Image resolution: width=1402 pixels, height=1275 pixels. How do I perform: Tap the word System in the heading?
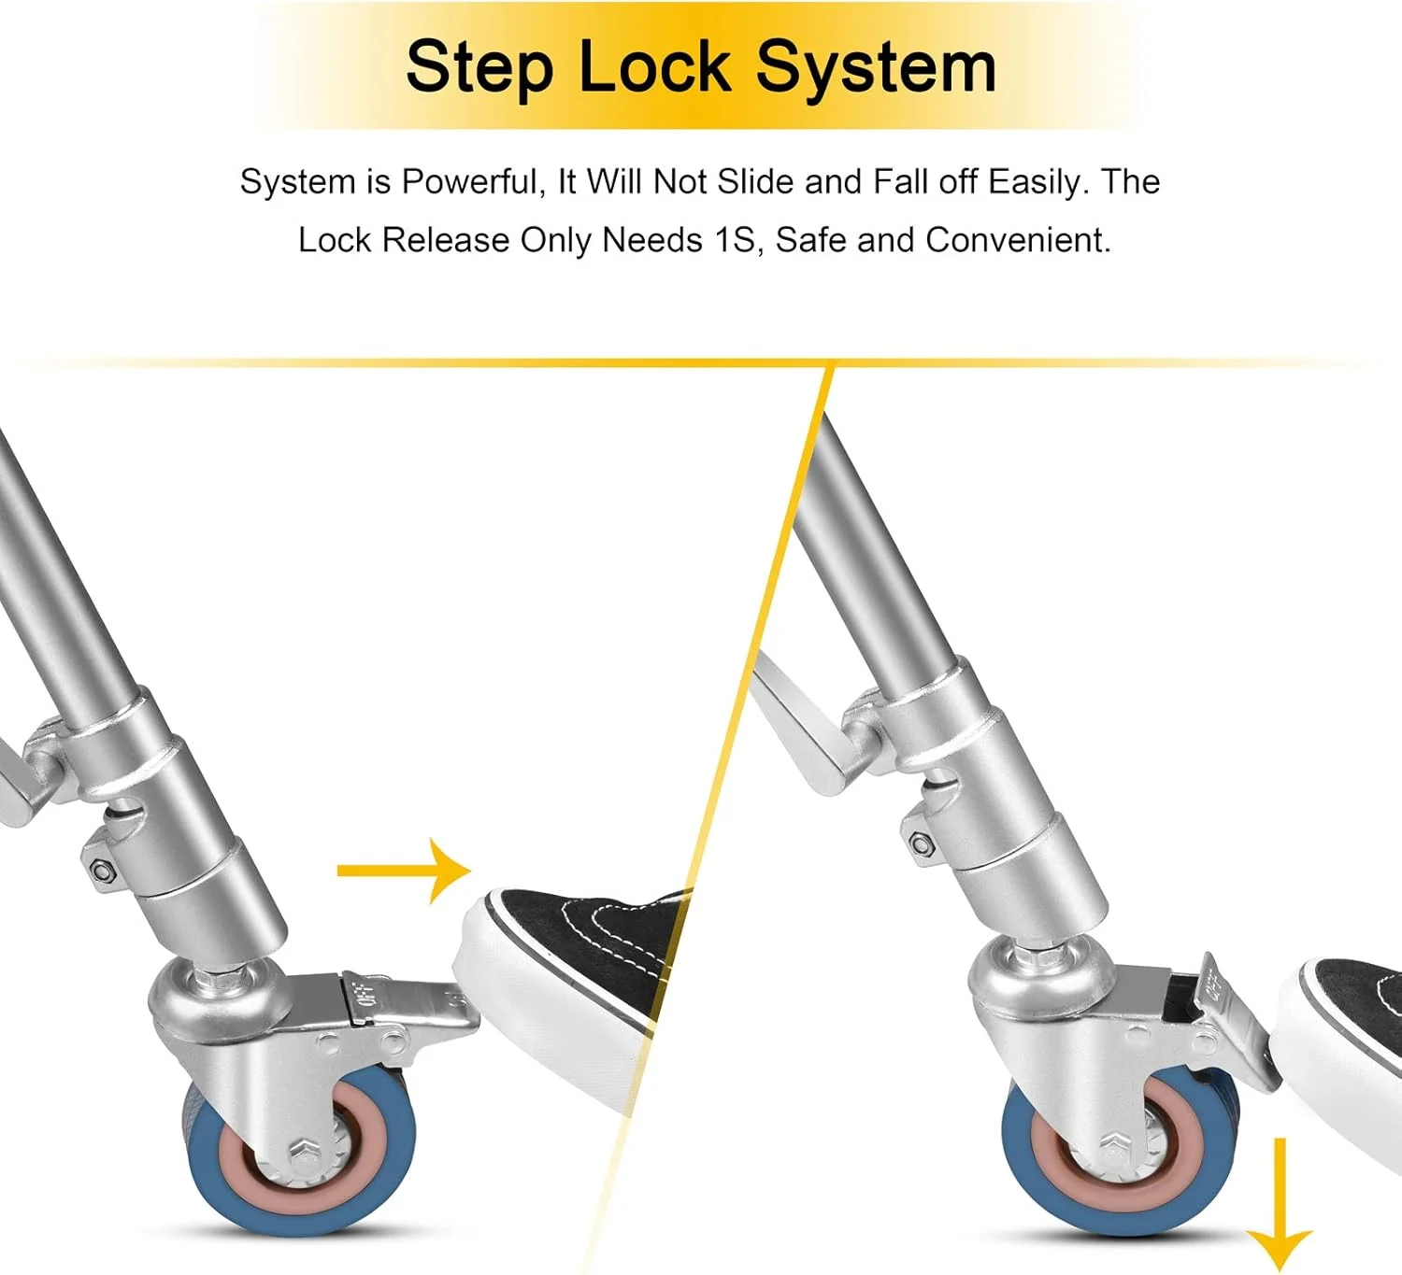(x=877, y=68)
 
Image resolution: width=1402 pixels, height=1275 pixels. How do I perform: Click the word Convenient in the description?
(x=1018, y=240)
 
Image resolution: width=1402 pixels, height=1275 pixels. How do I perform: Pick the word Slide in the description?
(x=755, y=181)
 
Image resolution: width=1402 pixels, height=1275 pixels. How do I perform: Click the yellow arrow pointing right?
(x=404, y=871)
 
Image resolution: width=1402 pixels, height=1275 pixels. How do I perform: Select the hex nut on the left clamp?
(x=104, y=871)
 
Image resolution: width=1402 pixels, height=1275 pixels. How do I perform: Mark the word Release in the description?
(x=446, y=240)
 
